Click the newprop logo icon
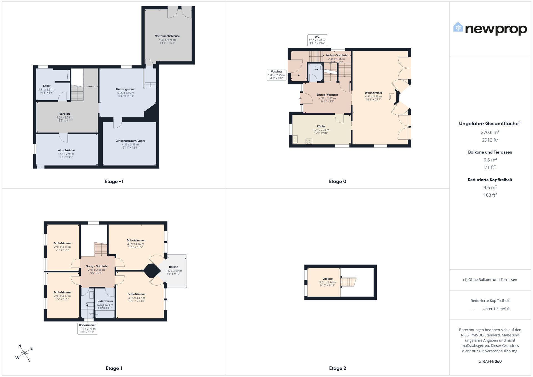[x=458, y=27]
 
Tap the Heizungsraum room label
[x=126, y=89]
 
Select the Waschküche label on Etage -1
[x=66, y=150]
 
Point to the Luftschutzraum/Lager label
[x=130, y=141]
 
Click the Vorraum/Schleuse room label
[x=167, y=36]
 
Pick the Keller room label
[x=47, y=86]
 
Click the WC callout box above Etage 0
[x=317, y=40]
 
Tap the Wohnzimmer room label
[x=373, y=93]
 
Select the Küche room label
[x=321, y=126]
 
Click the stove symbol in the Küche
[x=309, y=141]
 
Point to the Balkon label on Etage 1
[x=174, y=267]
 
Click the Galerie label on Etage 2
[x=328, y=279]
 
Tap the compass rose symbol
[x=24, y=353]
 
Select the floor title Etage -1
[x=114, y=182]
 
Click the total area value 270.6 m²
[x=490, y=132]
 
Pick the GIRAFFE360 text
[x=490, y=361]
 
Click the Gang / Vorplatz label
[x=96, y=266]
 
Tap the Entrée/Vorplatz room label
[x=327, y=95]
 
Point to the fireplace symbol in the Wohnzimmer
[x=391, y=97]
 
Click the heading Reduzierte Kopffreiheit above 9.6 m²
[x=490, y=180]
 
